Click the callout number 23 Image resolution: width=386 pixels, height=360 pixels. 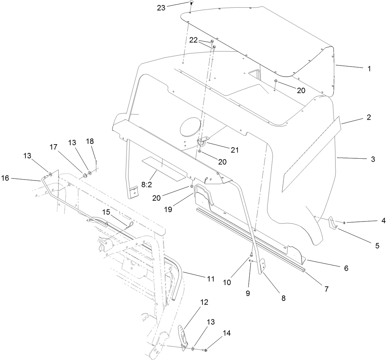click(161, 7)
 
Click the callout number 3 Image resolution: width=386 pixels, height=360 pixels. click(373, 159)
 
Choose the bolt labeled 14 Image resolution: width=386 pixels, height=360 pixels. click(206, 350)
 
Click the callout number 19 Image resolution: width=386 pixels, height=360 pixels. click(168, 209)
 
